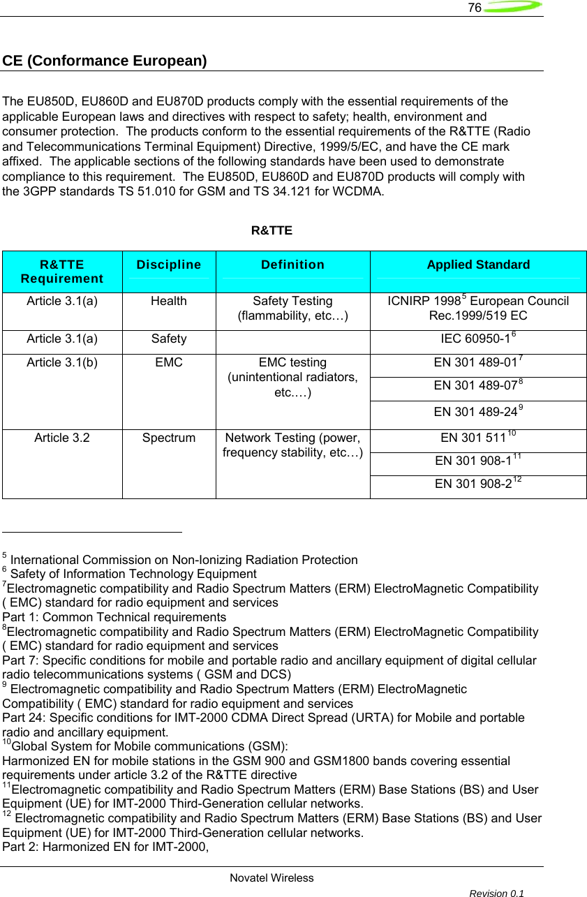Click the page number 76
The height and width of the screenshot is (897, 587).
click(x=475, y=8)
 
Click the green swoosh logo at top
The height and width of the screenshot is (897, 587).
click(x=512, y=8)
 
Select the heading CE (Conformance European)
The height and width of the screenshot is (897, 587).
click(x=105, y=61)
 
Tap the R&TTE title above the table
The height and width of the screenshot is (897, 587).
click(x=272, y=230)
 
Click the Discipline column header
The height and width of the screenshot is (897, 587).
click(x=169, y=265)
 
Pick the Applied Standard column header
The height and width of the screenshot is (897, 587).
click(x=478, y=265)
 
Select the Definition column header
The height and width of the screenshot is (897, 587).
click(x=292, y=265)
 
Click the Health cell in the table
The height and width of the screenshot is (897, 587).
click(x=169, y=302)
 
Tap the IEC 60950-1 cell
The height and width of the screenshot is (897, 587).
click(x=478, y=339)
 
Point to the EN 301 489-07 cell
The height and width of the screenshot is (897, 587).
click(x=478, y=385)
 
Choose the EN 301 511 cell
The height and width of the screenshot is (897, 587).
click(x=478, y=439)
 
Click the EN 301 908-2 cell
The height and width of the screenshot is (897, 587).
click(x=478, y=484)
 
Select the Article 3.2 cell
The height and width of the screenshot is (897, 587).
click(x=62, y=438)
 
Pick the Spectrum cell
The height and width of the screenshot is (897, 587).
click(x=169, y=438)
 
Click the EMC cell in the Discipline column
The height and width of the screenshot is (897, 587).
click(x=169, y=363)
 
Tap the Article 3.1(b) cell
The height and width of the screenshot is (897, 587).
click(x=62, y=363)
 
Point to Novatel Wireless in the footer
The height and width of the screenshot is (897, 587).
click(x=272, y=878)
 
